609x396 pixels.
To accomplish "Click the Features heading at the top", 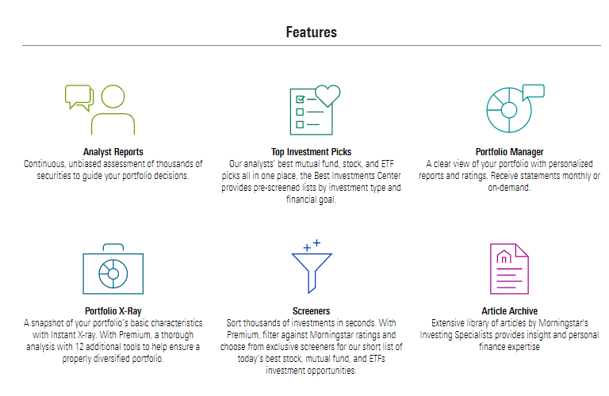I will (x=311, y=32).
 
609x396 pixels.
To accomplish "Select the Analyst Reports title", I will (x=113, y=151).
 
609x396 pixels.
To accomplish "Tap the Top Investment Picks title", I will (x=311, y=151).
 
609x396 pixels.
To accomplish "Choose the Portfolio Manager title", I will (x=509, y=151).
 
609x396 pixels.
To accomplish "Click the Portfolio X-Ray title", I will (x=113, y=311).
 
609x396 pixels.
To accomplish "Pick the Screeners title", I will (x=311, y=311).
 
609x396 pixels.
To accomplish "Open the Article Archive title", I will (x=509, y=311).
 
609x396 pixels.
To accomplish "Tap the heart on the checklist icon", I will (x=327, y=95).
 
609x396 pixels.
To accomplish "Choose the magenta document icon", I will (x=508, y=269).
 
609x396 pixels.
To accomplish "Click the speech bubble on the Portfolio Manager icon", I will (x=533, y=90).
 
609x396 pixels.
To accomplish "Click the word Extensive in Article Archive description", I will (x=448, y=323).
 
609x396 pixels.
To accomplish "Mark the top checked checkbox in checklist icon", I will (x=300, y=100).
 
